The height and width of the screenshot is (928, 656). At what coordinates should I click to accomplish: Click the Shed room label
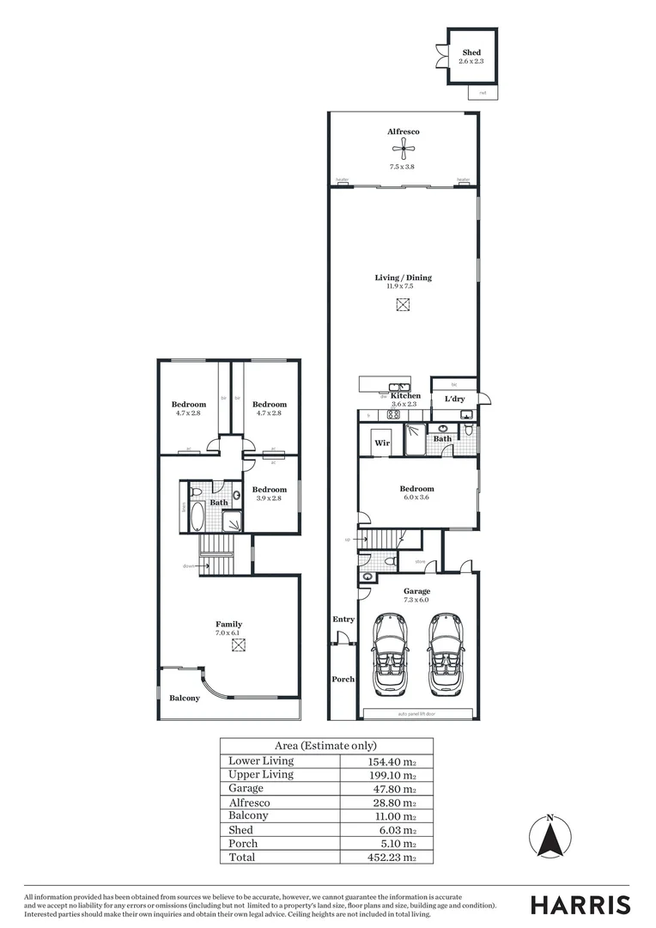[x=471, y=52]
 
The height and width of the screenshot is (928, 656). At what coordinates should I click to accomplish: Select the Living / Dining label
[x=403, y=278]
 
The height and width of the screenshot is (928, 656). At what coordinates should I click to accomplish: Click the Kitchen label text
[x=404, y=396]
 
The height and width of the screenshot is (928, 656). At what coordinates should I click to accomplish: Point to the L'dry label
[x=454, y=400]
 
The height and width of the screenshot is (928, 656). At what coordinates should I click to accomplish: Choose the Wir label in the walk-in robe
[x=382, y=443]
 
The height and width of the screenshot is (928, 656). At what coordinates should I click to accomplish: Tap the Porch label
[x=343, y=679]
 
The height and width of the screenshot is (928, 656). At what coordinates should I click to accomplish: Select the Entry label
[x=343, y=619]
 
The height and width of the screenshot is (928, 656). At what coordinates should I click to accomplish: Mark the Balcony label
[x=185, y=698]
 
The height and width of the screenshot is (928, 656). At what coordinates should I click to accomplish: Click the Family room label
[x=228, y=624]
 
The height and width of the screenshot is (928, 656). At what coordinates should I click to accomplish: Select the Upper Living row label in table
[x=261, y=774]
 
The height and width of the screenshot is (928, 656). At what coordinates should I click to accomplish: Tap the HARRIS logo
[x=580, y=905]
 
